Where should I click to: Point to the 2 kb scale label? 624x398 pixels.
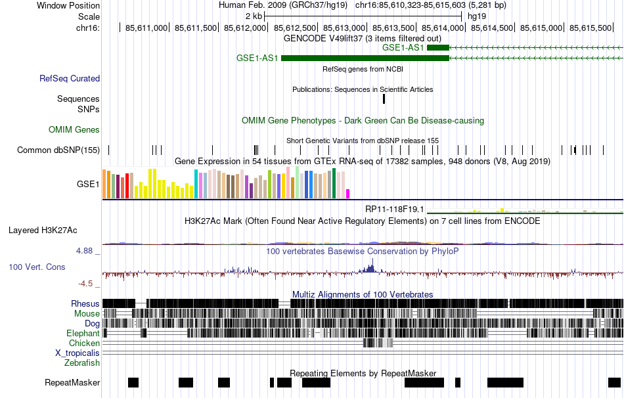tap(254, 16)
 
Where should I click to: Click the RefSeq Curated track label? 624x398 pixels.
tap(70, 78)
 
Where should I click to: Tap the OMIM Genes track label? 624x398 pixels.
tap(74, 130)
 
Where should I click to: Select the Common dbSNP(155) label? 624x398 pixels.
tap(58, 150)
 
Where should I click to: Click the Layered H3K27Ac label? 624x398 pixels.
tap(43, 230)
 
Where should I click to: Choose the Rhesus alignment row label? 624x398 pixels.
tap(85, 303)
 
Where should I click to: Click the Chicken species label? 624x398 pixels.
tap(85, 343)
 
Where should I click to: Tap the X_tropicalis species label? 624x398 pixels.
tap(78, 353)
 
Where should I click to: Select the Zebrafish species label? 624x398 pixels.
tap(82, 363)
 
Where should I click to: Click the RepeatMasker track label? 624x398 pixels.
tap(72, 382)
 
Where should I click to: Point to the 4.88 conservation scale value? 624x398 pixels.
tap(87, 250)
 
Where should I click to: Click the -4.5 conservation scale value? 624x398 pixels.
tap(87, 284)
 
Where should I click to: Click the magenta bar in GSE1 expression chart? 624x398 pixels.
tap(348, 193)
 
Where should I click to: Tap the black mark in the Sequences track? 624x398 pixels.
tap(384, 99)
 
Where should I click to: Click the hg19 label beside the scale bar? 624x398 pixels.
tap(477, 16)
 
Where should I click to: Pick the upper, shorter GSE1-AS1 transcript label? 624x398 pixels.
tap(403, 47)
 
